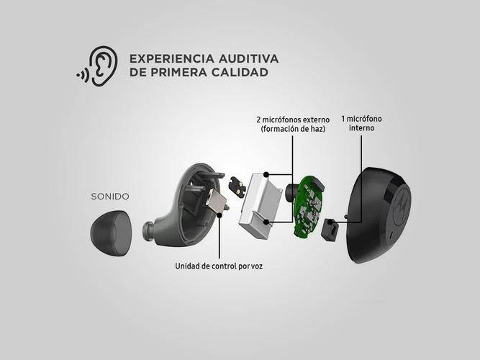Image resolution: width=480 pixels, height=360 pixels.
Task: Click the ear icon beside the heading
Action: pyautogui.click(x=103, y=66)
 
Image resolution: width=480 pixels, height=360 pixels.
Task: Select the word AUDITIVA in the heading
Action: pyautogui.click(x=248, y=58)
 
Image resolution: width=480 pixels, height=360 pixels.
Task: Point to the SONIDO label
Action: pyautogui.click(x=110, y=197)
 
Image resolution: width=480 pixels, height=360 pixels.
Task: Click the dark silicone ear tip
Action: pyautogui.click(x=111, y=233)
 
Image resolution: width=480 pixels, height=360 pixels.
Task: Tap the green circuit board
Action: pyautogui.click(x=308, y=207)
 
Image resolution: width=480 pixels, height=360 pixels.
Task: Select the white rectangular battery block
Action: pyautogui.click(x=261, y=206)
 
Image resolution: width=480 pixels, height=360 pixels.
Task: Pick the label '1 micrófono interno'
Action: pyautogui.click(x=361, y=123)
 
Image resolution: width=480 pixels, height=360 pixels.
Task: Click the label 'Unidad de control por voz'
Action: pyautogui.click(x=219, y=266)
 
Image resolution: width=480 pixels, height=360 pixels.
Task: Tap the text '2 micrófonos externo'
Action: pyautogui.click(x=293, y=120)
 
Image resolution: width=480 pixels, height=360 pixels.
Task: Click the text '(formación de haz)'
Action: pyautogui.click(x=293, y=129)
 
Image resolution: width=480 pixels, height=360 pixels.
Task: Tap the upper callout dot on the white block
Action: pyautogui.click(x=266, y=175)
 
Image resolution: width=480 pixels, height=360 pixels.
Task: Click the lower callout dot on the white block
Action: pyautogui.click(x=266, y=222)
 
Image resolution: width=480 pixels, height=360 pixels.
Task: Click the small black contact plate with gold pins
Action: pyautogui.click(x=237, y=186)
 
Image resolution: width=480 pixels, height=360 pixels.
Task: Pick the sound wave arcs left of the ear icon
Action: pyautogui.click(x=83, y=75)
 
